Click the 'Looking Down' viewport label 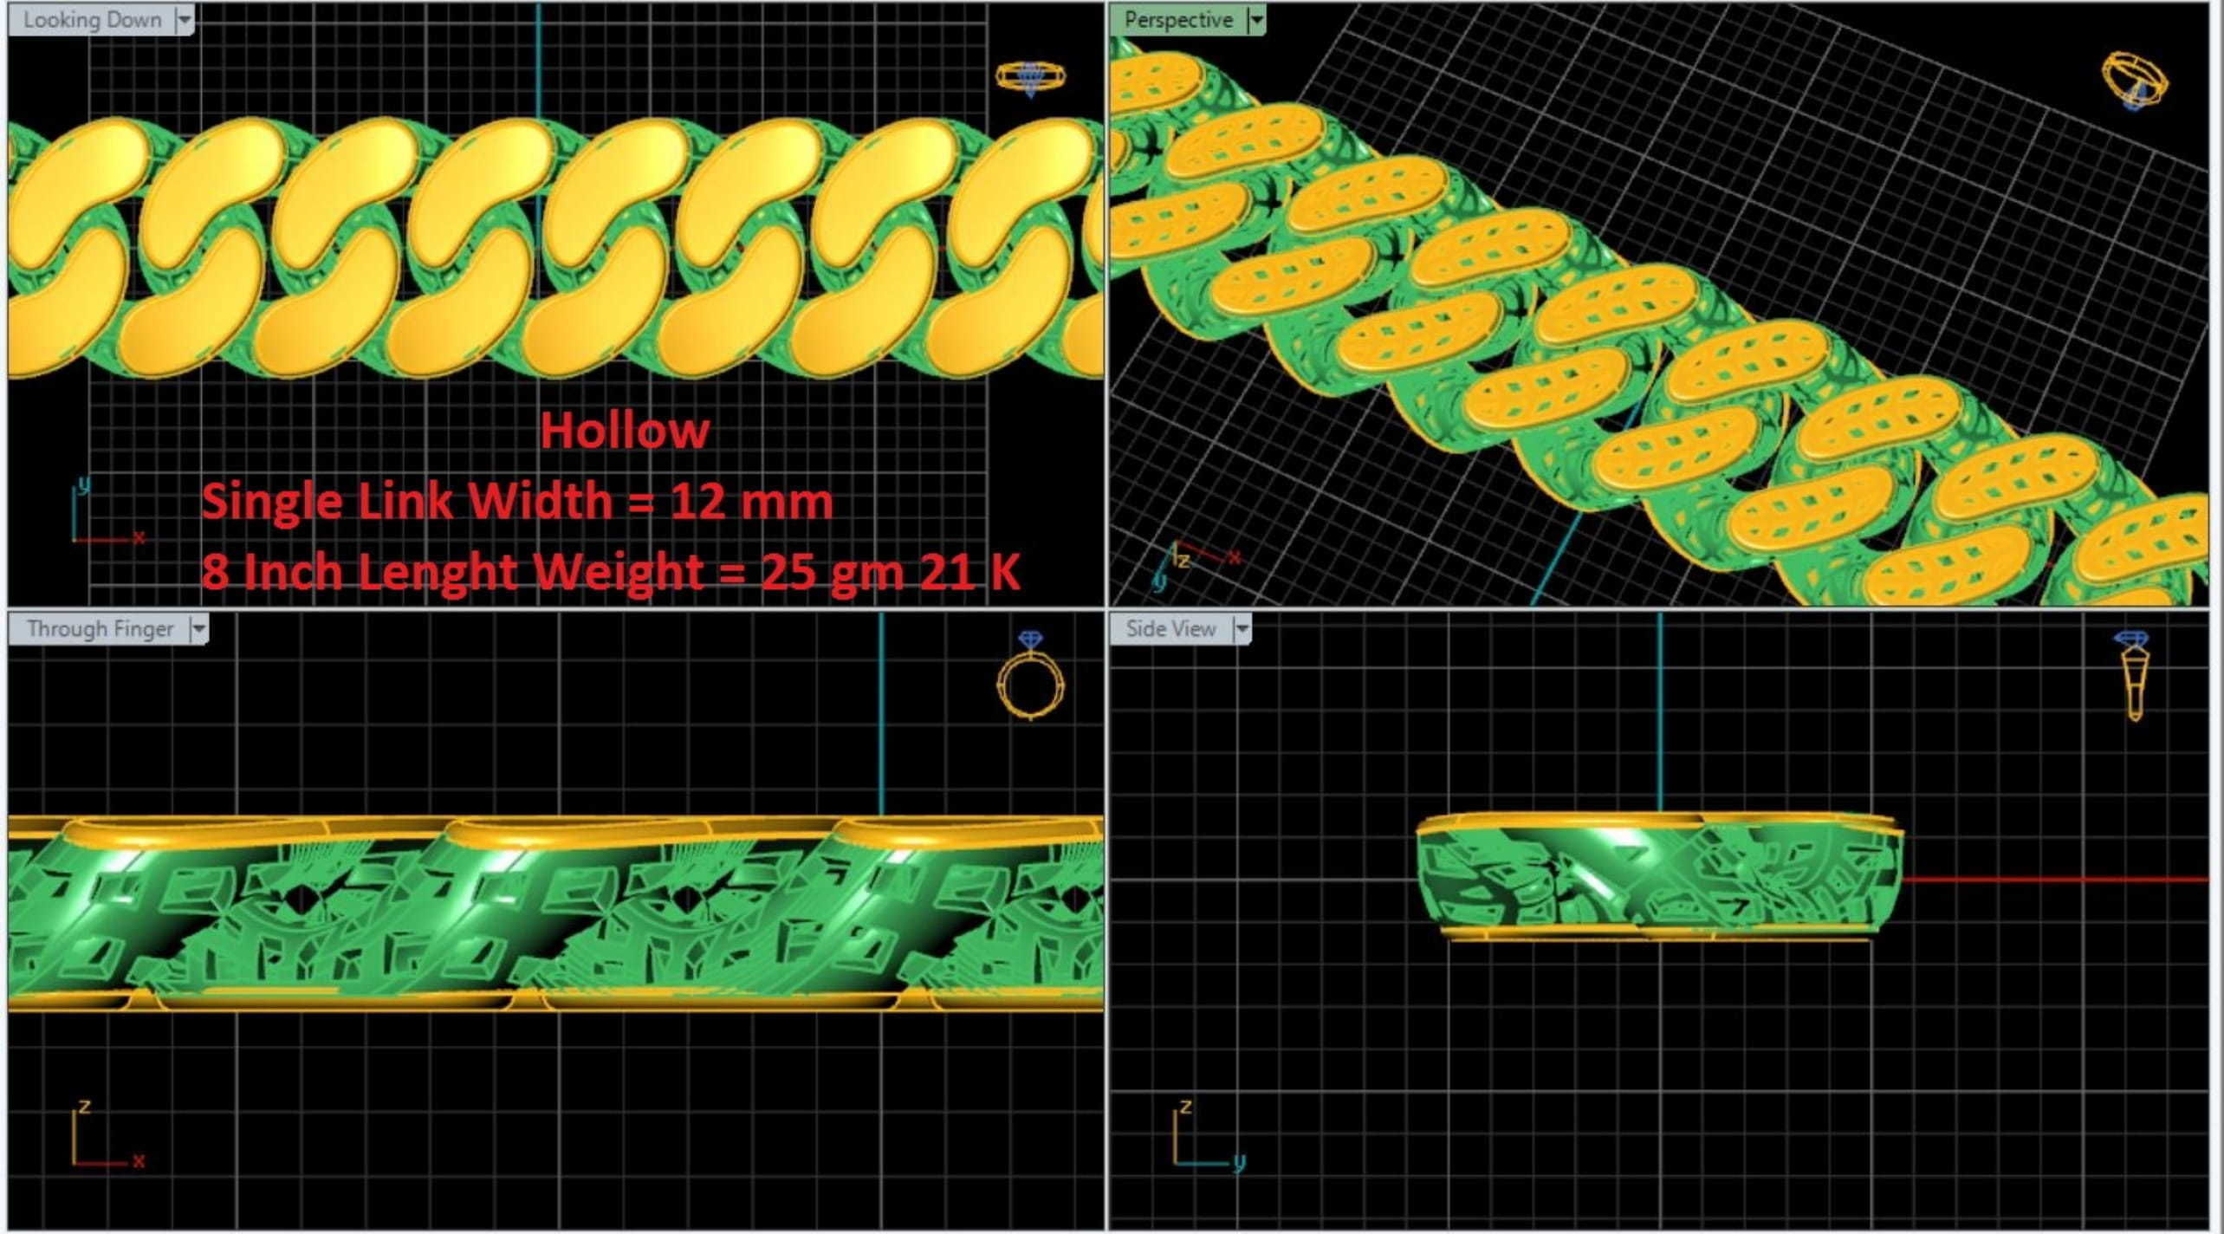[92, 20]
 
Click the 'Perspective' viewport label [1178, 20]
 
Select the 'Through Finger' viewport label [100, 629]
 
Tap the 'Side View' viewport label [1170, 629]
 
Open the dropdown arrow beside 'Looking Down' [185, 20]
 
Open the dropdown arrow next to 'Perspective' [1256, 20]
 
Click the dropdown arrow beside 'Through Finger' [199, 629]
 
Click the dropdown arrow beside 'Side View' [1242, 629]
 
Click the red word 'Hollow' [625, 431]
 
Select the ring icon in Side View [2131, 676]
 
